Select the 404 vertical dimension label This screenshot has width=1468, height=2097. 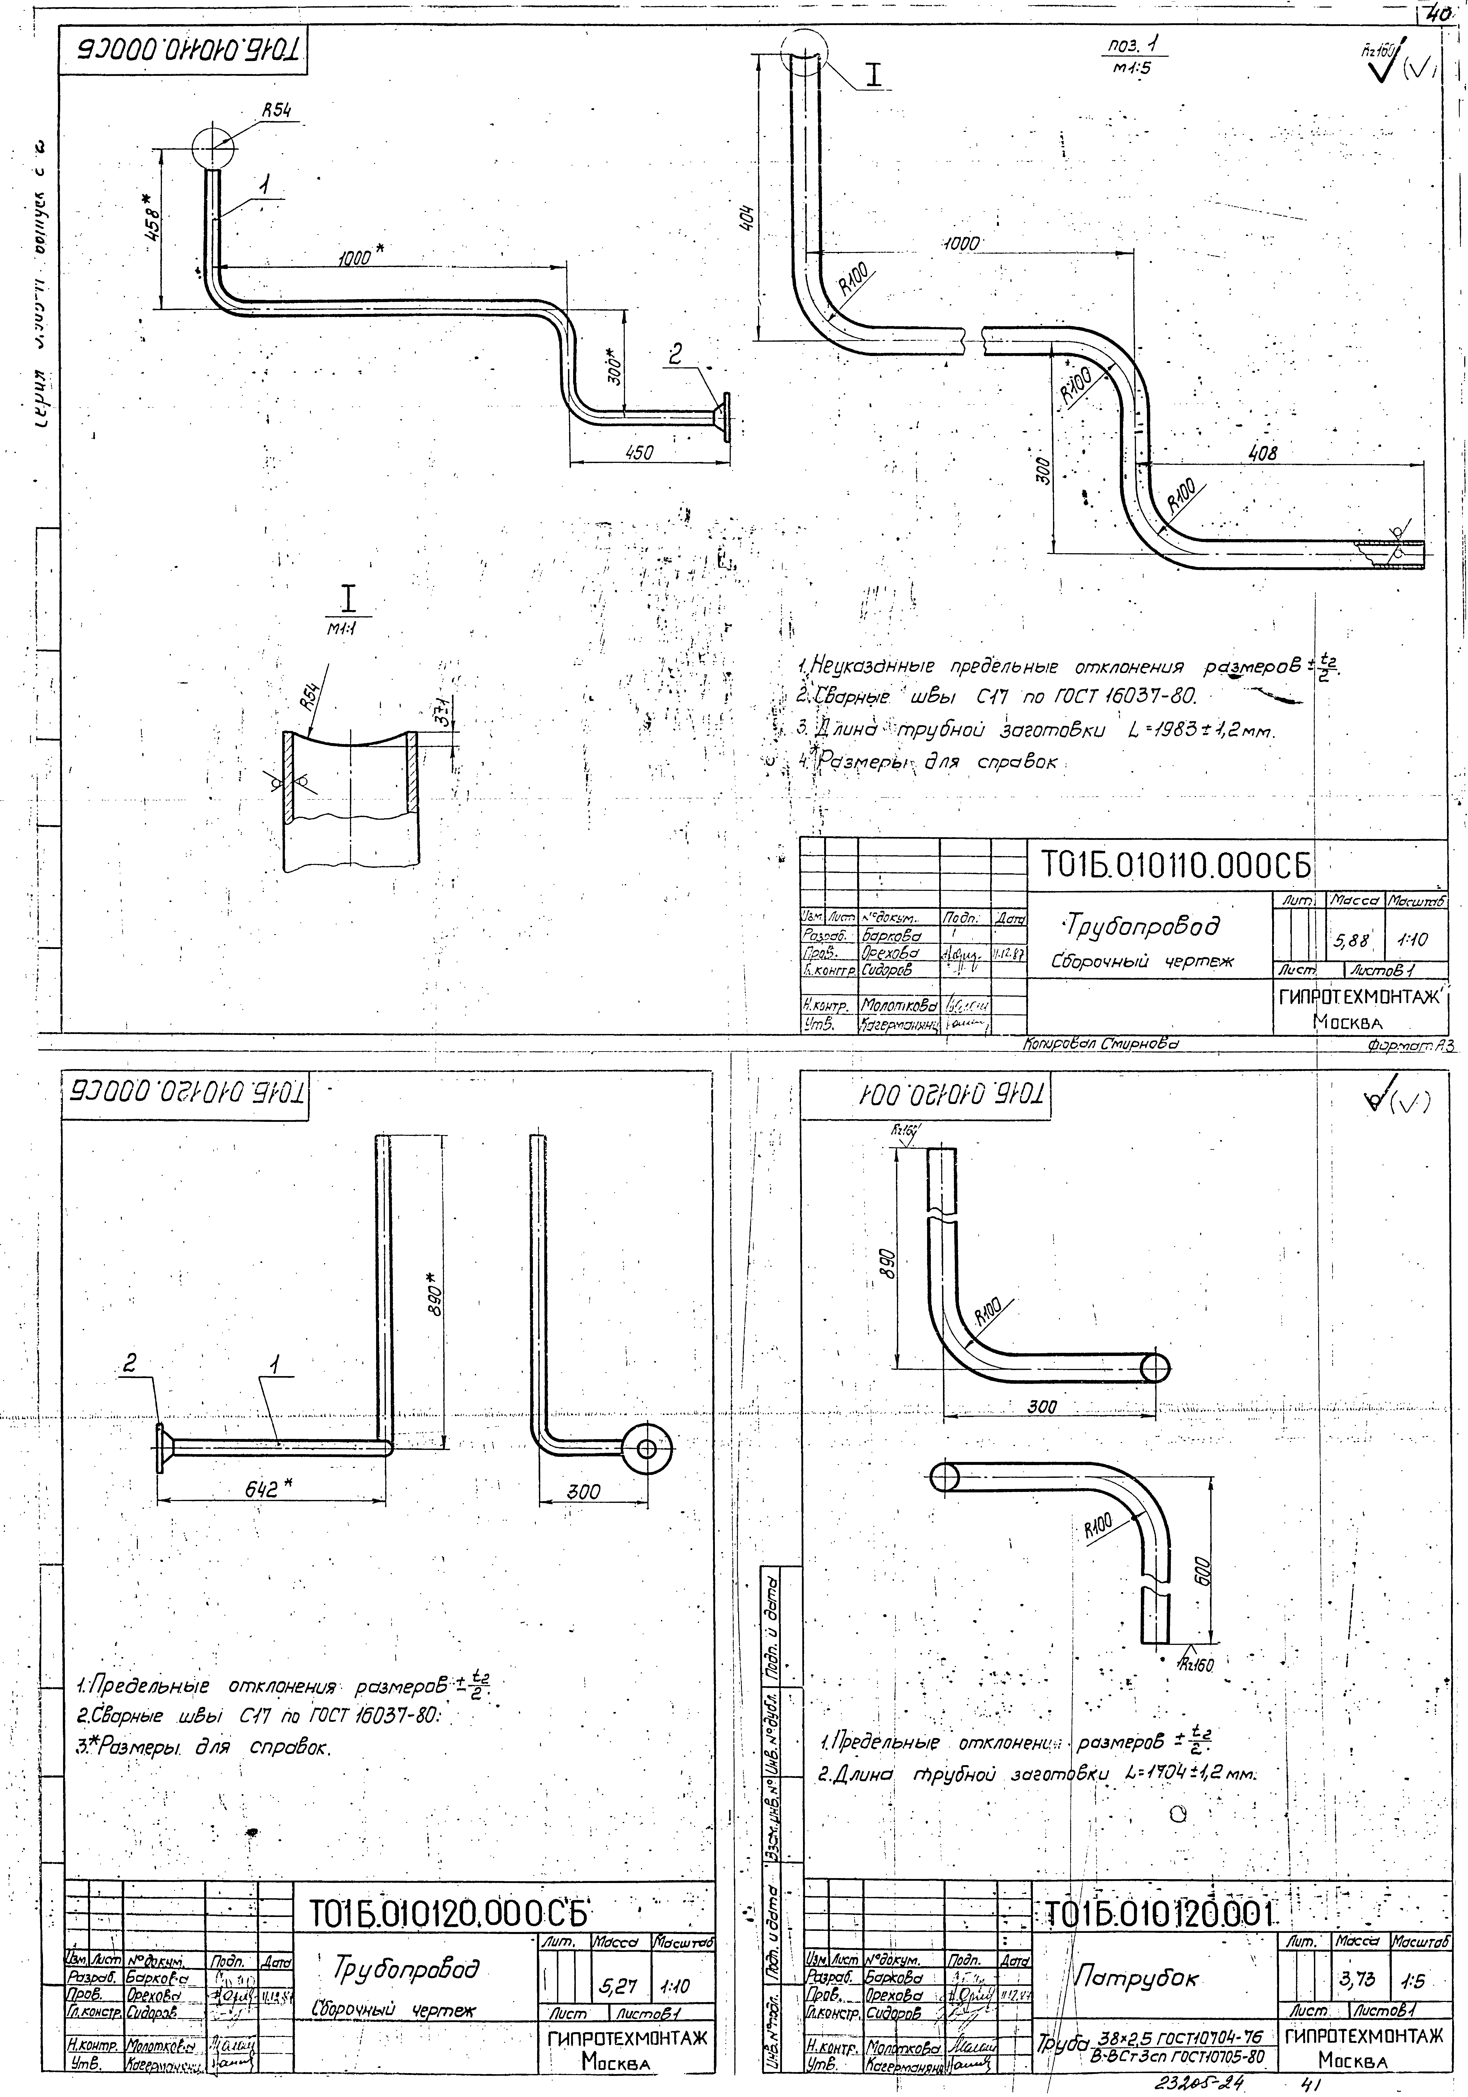click(x=747, y=219)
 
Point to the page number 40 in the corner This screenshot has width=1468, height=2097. click(x=1443, y=13)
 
